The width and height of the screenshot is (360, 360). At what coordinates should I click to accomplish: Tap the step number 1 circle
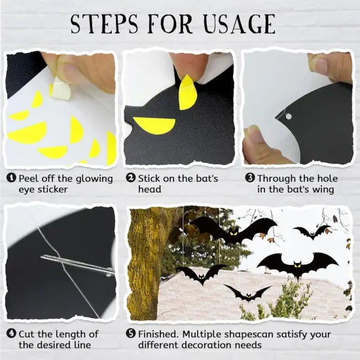click(11, 178)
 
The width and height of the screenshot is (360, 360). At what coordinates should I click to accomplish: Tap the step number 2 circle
click(131, 178)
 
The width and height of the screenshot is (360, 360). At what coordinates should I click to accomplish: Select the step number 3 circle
click(249, 178)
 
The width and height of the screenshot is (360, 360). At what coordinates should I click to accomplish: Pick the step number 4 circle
click(11, 333)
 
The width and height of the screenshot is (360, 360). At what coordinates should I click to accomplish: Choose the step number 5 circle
click(131, 333)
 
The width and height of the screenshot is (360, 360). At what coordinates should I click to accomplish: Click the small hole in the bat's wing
click(288, 116)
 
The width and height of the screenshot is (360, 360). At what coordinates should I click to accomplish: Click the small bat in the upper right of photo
click(312, 231)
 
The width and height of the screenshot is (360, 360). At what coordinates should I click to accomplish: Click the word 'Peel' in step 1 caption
click(29, 178)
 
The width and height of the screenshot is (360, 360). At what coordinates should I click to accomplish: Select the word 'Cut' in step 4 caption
click(28, 333)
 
